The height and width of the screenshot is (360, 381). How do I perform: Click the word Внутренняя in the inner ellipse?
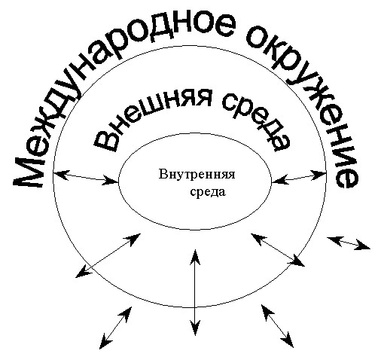[197, 175]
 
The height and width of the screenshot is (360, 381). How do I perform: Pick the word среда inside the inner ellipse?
[208, 192]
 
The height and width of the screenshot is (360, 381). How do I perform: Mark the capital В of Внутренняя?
[163, 175]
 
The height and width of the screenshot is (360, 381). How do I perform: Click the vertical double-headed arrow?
[195, 292]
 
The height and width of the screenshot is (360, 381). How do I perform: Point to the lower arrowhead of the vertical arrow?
[195, 328]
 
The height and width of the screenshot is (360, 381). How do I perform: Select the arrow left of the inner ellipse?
[85, 177]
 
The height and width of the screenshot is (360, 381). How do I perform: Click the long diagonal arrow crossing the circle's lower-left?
[108, 255]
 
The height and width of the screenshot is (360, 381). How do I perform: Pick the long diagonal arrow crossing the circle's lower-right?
[278, 249]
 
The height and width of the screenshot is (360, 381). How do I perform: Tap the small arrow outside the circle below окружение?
[349, 243]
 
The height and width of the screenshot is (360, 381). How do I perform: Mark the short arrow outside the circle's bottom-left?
[115, 328]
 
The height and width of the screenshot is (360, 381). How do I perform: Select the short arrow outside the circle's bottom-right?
[277, 326]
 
